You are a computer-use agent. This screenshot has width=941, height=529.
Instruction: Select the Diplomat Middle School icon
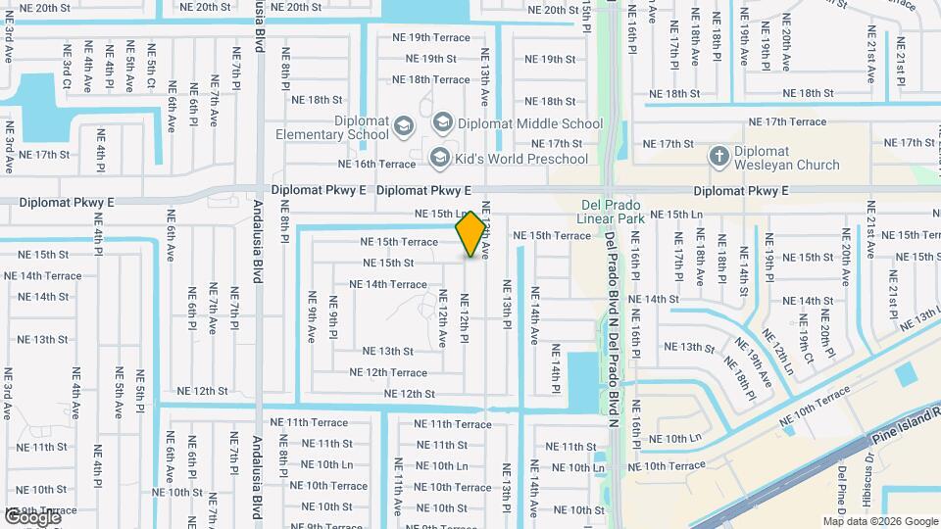coord(442,122)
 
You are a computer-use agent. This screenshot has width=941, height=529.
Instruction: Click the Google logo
coord(31,516)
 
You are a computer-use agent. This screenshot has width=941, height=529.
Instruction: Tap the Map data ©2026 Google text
coord(880,521)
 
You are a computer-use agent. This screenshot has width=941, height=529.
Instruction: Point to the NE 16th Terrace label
coord(377,164)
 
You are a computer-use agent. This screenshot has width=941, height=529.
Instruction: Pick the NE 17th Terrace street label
coord(787,121)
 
